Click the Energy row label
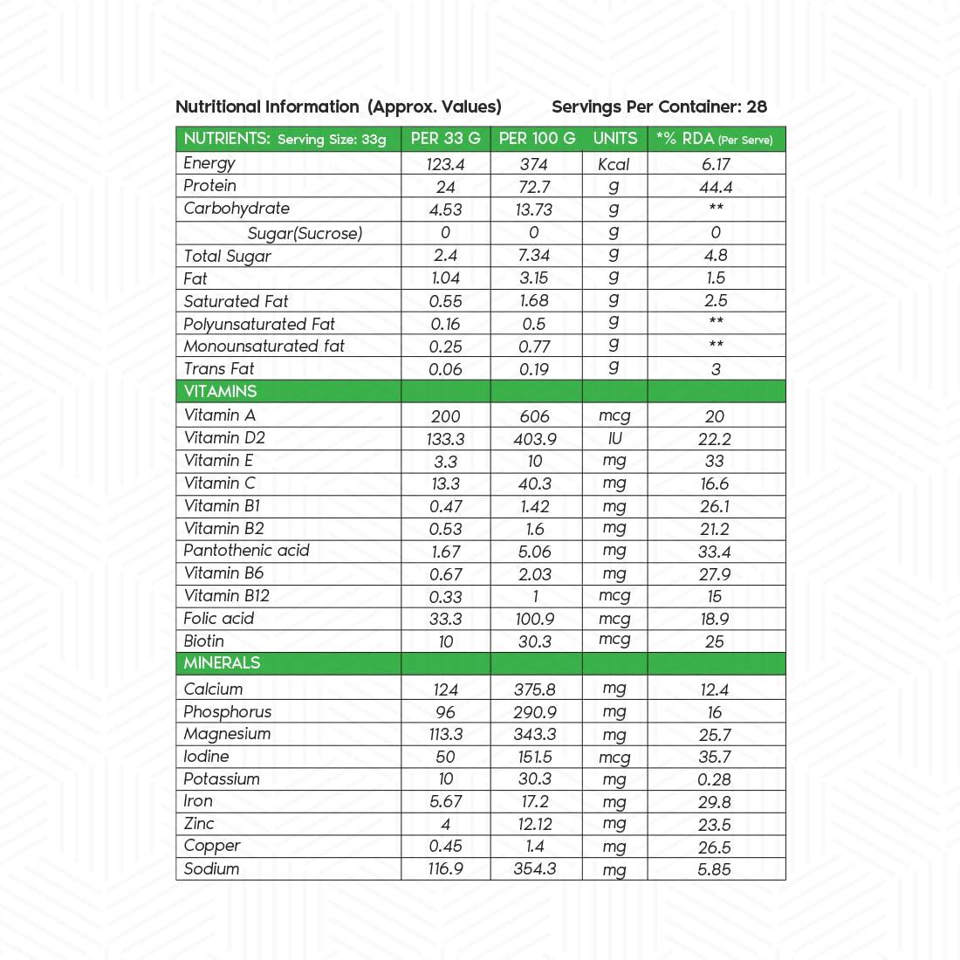click(209, 163)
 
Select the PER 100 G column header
click(537, 139)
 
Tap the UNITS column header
click(615, 139)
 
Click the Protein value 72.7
click(534, 187)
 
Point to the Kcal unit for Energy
click(614, 164)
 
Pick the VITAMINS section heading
click(220, 392)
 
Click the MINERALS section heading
click(222, 663)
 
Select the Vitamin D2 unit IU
click(614, 439)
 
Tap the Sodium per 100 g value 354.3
click(535, 869)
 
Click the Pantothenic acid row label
click(246, 551)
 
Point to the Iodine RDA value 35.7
click(715, 758)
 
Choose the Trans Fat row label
click(219, 369)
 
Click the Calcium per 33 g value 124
click(445, 689)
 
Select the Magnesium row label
click(227, 734)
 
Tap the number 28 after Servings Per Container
click(757, 107)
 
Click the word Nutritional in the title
click(218, 107)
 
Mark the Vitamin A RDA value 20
click(715, 417)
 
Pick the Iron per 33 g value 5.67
click(445, 802)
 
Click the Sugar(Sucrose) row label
click(305, 233)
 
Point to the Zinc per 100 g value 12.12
click(535, 824)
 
